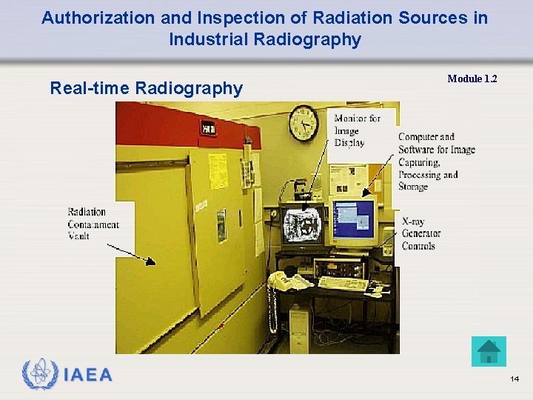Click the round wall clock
304,123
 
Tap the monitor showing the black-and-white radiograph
302,224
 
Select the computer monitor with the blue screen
354,219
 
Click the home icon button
489,351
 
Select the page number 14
514,379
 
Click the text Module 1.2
472,79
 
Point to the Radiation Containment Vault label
93,224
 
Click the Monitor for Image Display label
357,130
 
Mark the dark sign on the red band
208,128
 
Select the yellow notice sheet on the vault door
218,170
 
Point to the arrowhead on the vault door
151,260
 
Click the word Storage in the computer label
413,187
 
